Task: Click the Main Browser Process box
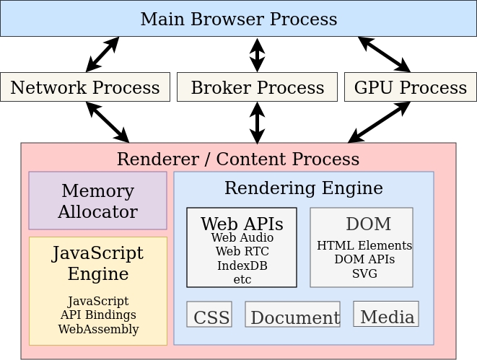click(x=238, y=19)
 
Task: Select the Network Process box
click(x=85, y=87)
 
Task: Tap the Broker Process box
click(x=257, y=87)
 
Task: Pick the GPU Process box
click(x=410, y=87)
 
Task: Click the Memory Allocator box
click(x=97, y=201)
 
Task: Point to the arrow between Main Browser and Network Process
click(x=102, y=55)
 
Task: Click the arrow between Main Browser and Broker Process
click(x=257, y=55)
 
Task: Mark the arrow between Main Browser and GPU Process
click(x=384, y=55)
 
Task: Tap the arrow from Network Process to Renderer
click(x=108, y=122)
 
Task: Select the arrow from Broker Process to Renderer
click(x=257, y=122)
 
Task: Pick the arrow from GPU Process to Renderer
click(x=379, y=122)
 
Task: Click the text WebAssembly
click(x=98, y=329)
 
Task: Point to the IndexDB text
click(x=242, y=265)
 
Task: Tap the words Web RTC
click(x=242, y=251)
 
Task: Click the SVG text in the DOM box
click(x=364, y=273)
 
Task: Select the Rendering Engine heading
click(x=303, y=188)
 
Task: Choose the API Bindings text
click(x=98, y=315)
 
